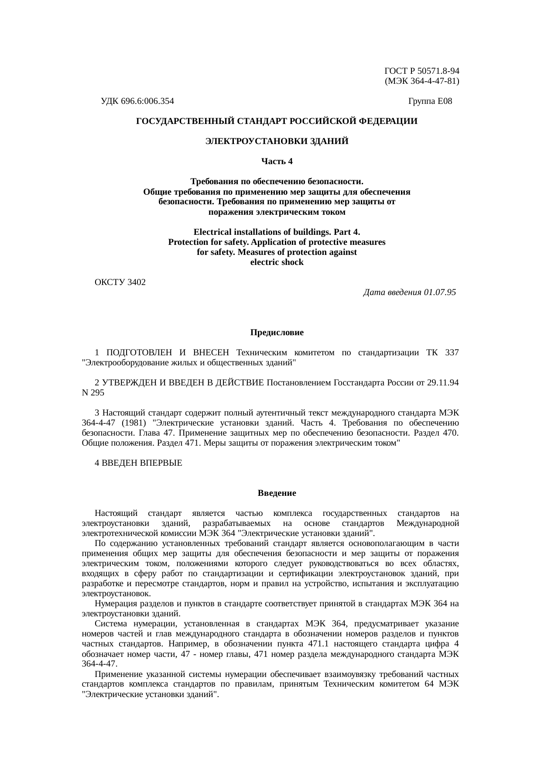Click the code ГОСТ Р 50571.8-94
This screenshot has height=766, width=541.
tap(421, 71)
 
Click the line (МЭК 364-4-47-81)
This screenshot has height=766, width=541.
tap(421, 81)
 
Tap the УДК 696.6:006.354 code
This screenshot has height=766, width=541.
tap(137, 102)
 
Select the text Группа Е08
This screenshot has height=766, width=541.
tap(430, 102)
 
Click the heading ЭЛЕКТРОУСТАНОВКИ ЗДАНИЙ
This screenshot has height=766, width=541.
tap(277, 141)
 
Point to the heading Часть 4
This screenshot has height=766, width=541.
tap(277, 161)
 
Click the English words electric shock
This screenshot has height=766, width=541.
tap(277, 262)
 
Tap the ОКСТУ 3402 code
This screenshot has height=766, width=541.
tap(120, 282)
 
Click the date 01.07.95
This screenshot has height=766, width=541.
tap(440, 292)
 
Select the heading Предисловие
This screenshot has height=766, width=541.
tap(277, 333)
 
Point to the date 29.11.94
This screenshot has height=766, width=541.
tap(443, 383)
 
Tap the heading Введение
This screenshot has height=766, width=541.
tap(277, 493)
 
